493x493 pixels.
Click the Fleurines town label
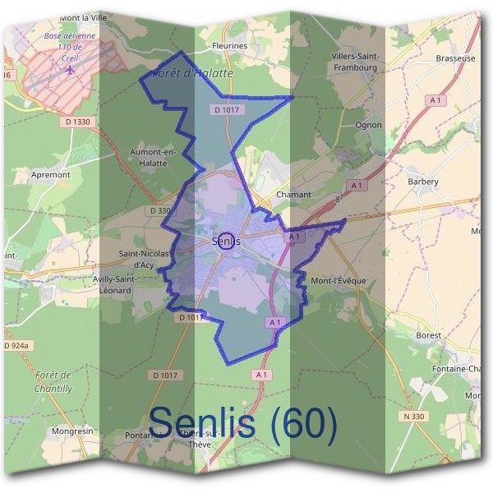coord(229,46)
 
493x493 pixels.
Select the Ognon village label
coord(368,125)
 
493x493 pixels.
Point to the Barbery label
coord(423,182)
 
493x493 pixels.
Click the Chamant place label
coord(294,195)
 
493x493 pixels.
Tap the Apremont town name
coord(51,175)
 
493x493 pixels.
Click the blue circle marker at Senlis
coord(228,241)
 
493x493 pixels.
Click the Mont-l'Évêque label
coord(339,281)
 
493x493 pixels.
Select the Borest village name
coord(428,335)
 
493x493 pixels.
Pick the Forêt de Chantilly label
coord(54,380)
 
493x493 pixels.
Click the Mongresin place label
coord(71,431)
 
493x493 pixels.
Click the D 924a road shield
coord(16,346)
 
